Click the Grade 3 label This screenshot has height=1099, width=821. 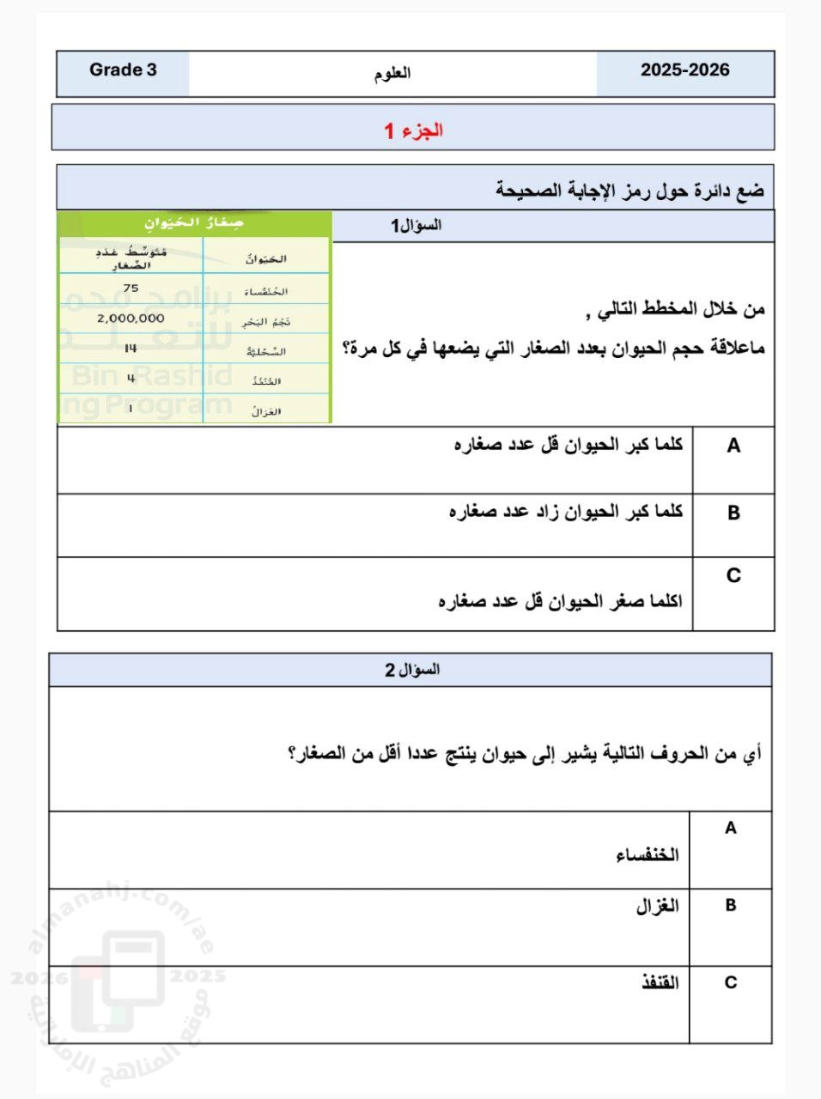point(123,70)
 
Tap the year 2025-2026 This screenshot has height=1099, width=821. point(684,70)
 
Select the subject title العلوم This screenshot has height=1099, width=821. point(392,73)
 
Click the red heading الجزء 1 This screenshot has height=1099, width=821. point(413,131)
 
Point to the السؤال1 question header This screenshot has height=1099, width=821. point(417,226)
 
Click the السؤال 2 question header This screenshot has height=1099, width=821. point(412,670)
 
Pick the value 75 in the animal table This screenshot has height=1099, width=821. point(131,288)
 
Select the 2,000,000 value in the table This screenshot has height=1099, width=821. point(131,318)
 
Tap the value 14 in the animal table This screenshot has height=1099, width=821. point(131,349)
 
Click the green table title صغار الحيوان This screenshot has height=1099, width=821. point(194,223)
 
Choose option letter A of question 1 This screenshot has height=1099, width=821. point(733,446)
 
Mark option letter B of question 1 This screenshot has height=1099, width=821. point(733,513)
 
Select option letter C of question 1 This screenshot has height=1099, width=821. point(733,575)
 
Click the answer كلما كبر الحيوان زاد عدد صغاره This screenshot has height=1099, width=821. point(566,512)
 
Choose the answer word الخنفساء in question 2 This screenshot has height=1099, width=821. point(647,855)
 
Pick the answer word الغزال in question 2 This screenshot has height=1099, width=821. point(657,906)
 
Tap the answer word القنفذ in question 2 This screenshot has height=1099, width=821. point(660,983)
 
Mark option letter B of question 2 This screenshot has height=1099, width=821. point(730,906)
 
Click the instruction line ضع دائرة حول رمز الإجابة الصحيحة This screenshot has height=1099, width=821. point(629,190)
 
